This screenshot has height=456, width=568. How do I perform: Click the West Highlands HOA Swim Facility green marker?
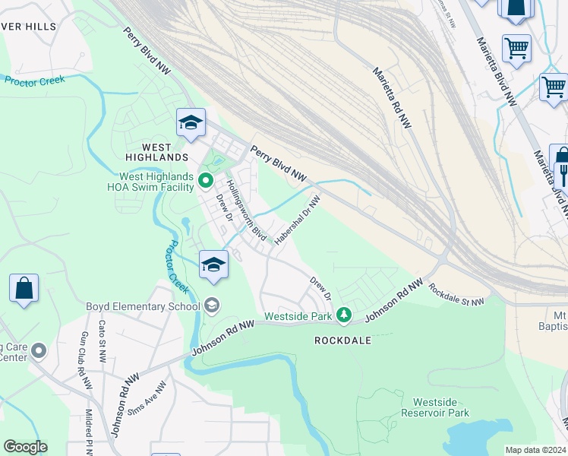coord(205,180)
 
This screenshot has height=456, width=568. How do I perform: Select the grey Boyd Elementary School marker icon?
coord(212,306)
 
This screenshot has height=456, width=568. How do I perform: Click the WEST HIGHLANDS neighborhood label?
coord(153,157)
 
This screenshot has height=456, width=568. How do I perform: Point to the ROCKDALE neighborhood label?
coord(343,340)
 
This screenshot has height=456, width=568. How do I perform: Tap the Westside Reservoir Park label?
coord(440,407)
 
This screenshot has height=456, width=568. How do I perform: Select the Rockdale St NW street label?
coord(456,296)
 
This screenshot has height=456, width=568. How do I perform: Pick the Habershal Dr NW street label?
coord(298,218)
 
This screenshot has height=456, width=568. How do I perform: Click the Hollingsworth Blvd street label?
coord(247,209)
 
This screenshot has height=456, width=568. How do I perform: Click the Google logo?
coord(25,447)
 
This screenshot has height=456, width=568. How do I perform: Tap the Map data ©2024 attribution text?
coord(535,450)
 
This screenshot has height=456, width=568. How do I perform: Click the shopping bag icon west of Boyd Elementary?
coord(24,289)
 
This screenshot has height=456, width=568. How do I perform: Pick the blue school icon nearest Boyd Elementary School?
coord(213,264)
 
